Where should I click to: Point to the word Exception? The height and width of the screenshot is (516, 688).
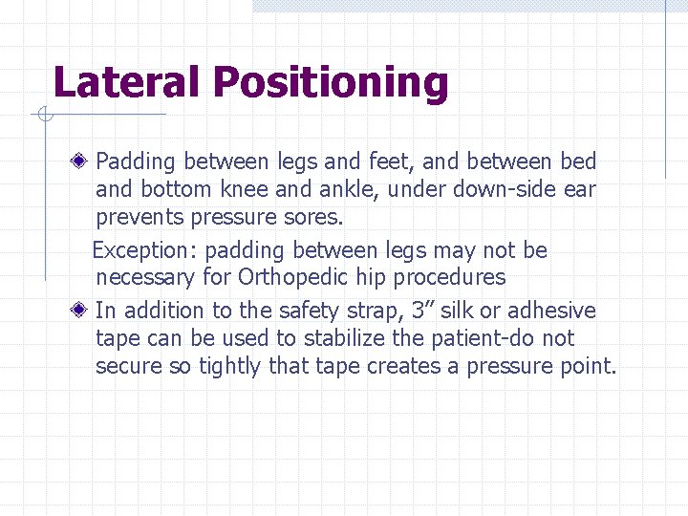[x=142, y=251]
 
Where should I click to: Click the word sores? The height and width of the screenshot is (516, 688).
[x=313, y=217]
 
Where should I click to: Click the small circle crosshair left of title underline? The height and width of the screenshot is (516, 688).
[x=44, y=115]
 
